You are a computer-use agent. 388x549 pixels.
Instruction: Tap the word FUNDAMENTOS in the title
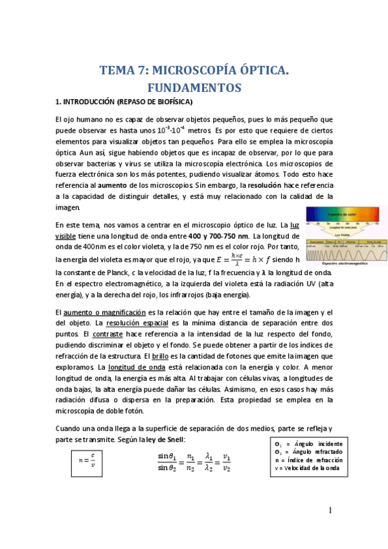[x=194, y=87]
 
